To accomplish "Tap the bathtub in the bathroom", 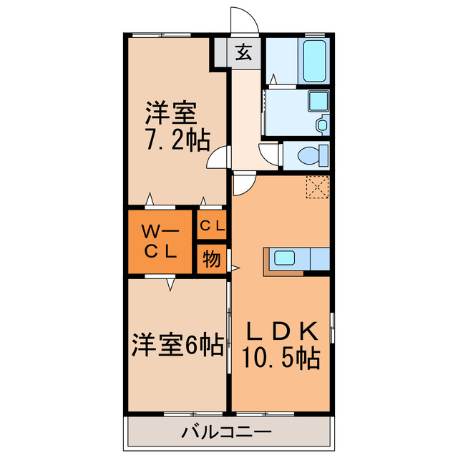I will tap(315, 61).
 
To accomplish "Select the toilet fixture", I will tap(313, 155).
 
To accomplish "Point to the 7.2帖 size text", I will tap(178, 140).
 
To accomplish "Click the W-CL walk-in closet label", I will tap(161, 241).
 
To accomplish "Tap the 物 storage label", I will tap(212, 258).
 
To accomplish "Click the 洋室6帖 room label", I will tap(176, 346).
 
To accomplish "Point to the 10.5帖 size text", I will tap(282, 357).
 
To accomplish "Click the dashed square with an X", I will tap(316, 186).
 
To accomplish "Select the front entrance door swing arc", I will tap(240, 19).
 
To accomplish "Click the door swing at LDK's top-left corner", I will tap(243, 185).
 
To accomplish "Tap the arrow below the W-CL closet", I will tap(170, 284).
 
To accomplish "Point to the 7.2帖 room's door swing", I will tap(218, 158).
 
